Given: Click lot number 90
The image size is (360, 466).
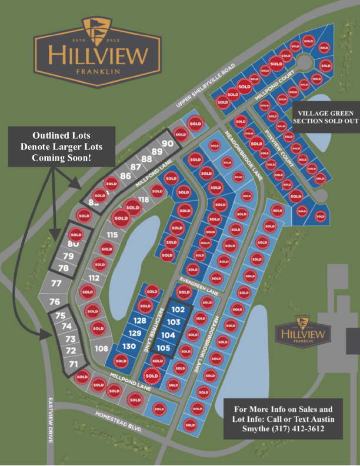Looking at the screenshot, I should [166, 144].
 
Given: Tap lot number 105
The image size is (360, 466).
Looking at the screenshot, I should [164, 348].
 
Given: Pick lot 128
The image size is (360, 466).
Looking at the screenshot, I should [139, 321].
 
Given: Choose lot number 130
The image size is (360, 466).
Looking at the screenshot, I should [129, 346].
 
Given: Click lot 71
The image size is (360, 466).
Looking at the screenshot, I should [74, 365].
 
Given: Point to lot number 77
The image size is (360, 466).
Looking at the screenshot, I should [56, 284].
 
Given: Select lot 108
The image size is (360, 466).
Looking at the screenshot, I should [101, 349].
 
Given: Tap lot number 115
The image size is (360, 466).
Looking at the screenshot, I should [112, 235].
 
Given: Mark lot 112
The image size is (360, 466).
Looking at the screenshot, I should [94, 278].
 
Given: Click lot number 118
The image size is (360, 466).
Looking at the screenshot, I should [143, 200].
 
